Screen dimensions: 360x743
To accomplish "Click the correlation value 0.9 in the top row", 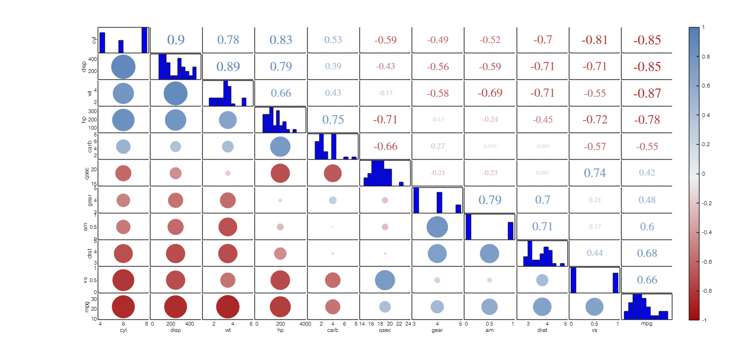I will pyautogui.click(x=176, y=40).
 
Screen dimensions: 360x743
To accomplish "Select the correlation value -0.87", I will pyautogui.click(x=647, y=93).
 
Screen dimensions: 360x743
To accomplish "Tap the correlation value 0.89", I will pyautogui.click(x=228, y=67).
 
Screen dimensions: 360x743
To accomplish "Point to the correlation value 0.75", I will pyautogui.click(x=333, y=120).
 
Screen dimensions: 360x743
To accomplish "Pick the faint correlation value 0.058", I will pyautogui.click(x=490, y=146).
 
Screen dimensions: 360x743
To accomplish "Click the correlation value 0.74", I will pyautogui.click(x=594, y=173).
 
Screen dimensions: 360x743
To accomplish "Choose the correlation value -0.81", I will pyautogui.click(x=594, y=40).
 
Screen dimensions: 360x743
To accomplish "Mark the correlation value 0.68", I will pyautogui.click(x=647, y=253).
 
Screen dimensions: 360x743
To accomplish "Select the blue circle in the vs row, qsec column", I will pyautogui.click(x=385, y=280).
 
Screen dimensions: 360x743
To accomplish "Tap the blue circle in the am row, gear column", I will pyautogui.click(x=437, y=227).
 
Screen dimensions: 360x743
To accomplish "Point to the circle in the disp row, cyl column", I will pyautogui.click(x=123, y=67).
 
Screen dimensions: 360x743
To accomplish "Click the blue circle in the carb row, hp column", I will pyautogui.click(x=280, y=147).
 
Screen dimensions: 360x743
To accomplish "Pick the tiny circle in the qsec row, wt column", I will pyautogui.click(x=228, y=173).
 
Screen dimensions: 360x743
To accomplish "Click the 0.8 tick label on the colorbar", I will pyautogui.click(x=706, y=57).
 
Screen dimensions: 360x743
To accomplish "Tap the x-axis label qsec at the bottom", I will pyautogui.click(x=385, y=331).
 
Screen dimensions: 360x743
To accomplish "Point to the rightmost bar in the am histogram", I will pyautogui.click(x=510, y=231).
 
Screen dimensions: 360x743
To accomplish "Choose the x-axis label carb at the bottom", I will pyautogui.click(x=333, y=331).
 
